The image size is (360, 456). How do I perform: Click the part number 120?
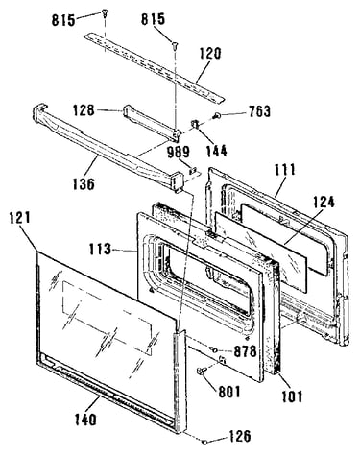click(210, 54)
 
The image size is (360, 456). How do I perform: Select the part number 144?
click(216, 151)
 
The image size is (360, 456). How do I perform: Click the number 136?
click(84, 183)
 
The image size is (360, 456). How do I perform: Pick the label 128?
click(84, 110)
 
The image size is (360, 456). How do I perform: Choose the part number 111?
click(284, 170)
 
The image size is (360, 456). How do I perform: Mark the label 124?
click(324, 203)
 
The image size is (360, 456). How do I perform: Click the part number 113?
click(100, 250)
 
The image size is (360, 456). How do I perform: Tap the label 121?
click(19, 218)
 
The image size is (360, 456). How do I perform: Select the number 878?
click(246, 351)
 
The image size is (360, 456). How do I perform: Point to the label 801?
click(228, 392)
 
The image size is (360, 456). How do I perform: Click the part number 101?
click(292, 397)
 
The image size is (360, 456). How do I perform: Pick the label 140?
click(85, 420)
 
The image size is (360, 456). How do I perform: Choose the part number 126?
click(239, 436)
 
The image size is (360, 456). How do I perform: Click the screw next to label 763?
click(216, 115)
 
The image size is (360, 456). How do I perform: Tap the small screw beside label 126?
click(204, 442)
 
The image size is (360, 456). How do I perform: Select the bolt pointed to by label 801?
click(201, 372)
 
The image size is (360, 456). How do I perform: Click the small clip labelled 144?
click(195, 124)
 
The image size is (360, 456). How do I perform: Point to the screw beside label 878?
click(213, 349)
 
